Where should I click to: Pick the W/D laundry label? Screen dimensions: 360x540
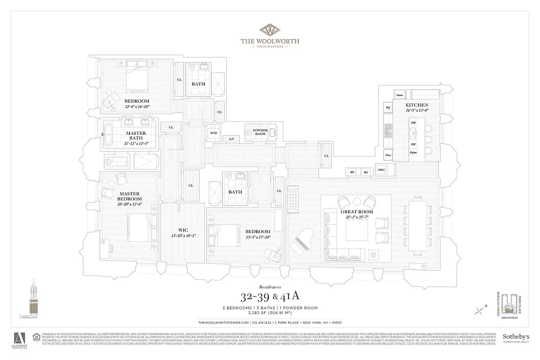[213, 133]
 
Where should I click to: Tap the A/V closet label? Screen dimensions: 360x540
[231, 139]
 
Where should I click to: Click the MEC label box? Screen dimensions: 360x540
[382, 170]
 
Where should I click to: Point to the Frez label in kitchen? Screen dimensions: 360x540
[387, 155]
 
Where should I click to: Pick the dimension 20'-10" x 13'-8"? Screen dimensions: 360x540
[129, 204]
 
